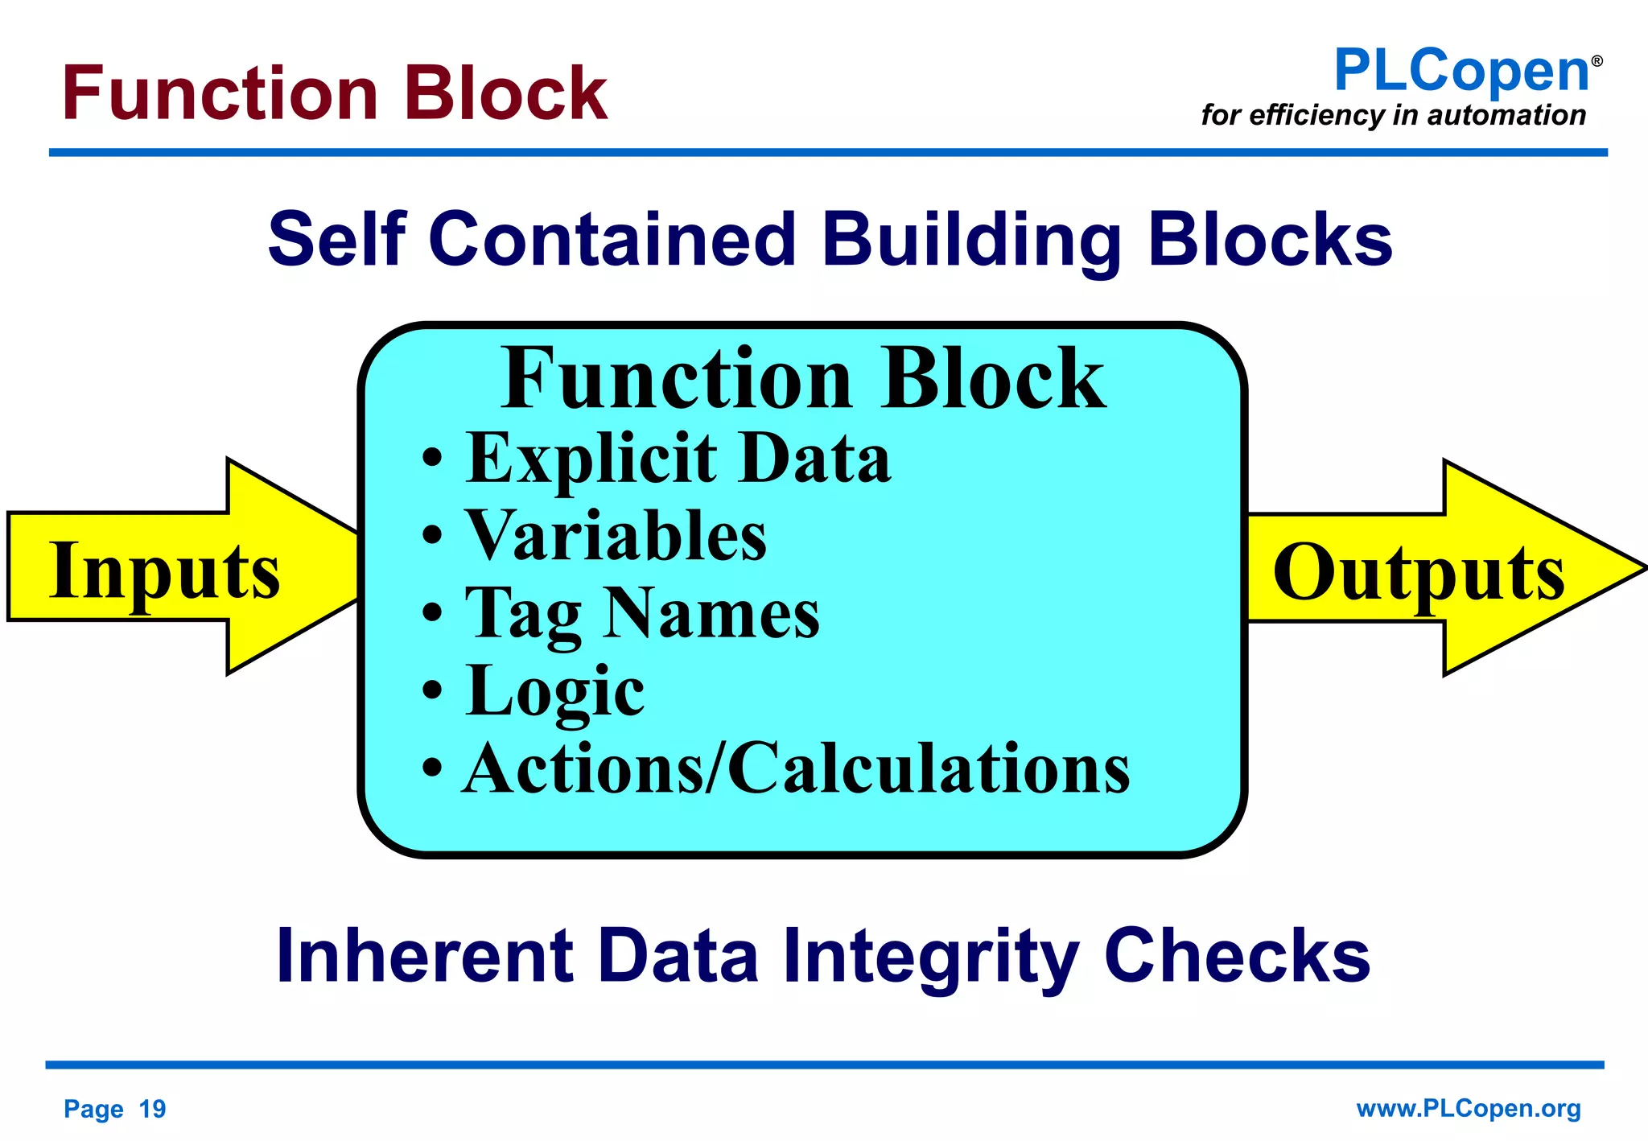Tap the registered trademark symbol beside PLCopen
(1596, 61)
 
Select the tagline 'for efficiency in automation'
(1393, 115)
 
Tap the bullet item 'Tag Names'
(642, 613)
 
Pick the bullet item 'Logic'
(554, 690)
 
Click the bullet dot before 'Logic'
(432, 690)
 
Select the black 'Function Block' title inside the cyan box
(802, 378)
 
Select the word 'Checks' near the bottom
(1237, 956)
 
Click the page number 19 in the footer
(152, 1109)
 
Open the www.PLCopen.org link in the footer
(1468, 1109)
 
